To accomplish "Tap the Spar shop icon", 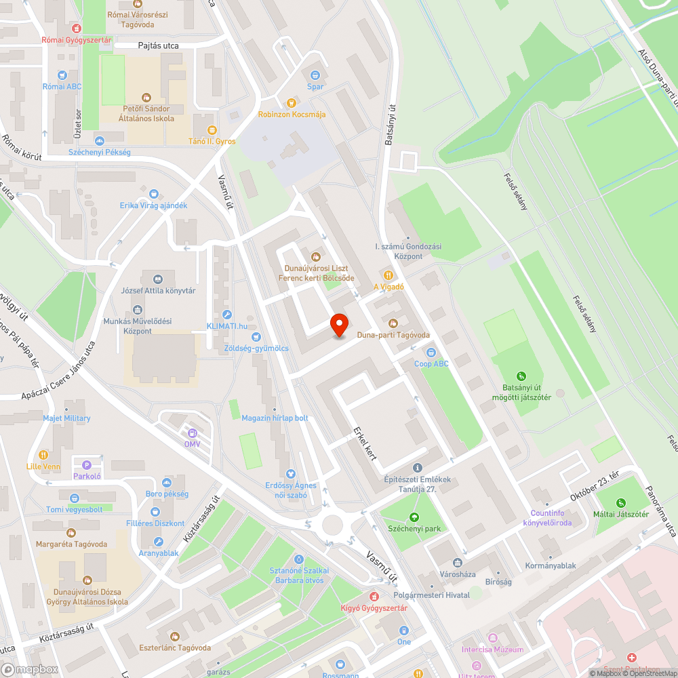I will tap(315, 75).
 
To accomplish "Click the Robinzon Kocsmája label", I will tap(292, 115).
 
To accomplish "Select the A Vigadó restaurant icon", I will tap(388, 275).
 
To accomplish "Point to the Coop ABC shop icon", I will tap(431, 353).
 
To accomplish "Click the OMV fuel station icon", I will tap(193, 433).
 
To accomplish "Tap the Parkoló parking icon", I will tap(86, 465).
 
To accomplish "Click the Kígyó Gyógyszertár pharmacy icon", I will tap(374, 597).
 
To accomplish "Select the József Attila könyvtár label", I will tap(158, 291).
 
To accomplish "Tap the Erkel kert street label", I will tap(365, 443).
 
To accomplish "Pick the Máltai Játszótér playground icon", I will tap(621, 502).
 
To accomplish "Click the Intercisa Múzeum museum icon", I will tap(492, 638).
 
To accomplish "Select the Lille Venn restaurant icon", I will tap(43, 455).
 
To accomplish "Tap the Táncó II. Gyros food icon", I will tap(212, 129).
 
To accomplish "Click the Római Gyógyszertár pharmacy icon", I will tap(76, 28).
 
